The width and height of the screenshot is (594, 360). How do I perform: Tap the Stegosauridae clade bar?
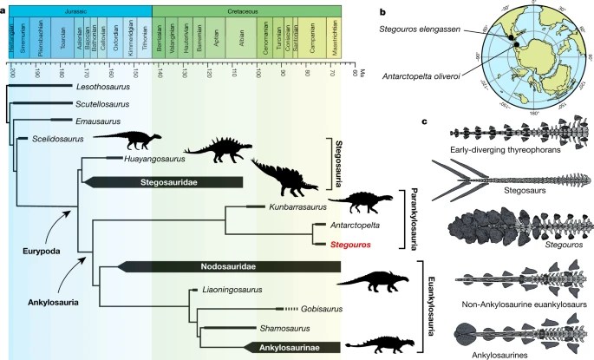[x=165, y=182]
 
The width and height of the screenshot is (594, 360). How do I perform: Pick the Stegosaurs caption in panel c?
[x=508, y=196]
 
